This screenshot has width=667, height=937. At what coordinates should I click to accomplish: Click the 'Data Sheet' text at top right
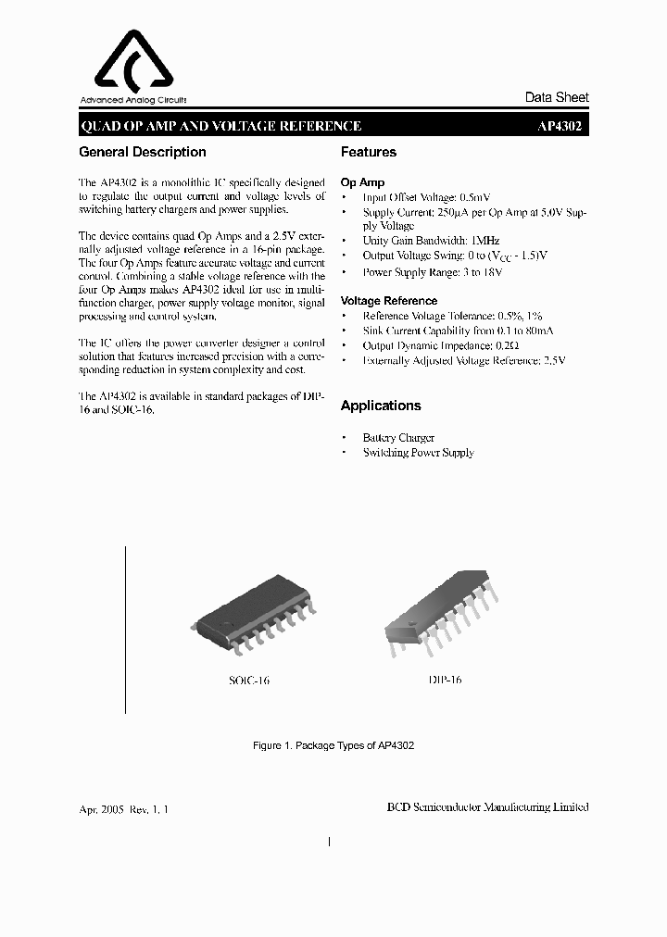point(557,97)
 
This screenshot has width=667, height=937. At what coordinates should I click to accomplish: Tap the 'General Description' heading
point(143,152)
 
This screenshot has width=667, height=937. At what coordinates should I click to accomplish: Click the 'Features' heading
point(369,152)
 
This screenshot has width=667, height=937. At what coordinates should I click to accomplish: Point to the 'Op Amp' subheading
point(362,182)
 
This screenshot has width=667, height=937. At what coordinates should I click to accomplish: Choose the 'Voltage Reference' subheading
point(389,301)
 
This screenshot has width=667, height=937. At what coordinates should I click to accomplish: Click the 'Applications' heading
point(381,406)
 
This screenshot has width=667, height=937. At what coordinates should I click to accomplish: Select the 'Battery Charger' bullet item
point(398,437)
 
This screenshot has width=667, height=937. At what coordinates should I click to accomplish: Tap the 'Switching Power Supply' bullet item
point(418,453)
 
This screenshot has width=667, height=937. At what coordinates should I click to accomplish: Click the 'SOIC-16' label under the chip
point(249,681)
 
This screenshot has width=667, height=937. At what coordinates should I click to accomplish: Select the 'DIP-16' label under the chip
point(444,680)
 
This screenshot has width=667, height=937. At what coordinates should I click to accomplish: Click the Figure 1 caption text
point(333,745)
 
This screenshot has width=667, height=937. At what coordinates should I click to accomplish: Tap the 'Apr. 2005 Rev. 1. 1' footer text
point(124,808)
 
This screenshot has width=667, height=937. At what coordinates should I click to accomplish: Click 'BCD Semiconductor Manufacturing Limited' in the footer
point(487,807)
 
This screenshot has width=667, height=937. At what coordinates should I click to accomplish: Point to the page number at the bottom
point(330,842)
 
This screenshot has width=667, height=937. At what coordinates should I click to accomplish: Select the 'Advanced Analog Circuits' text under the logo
point(133,100)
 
